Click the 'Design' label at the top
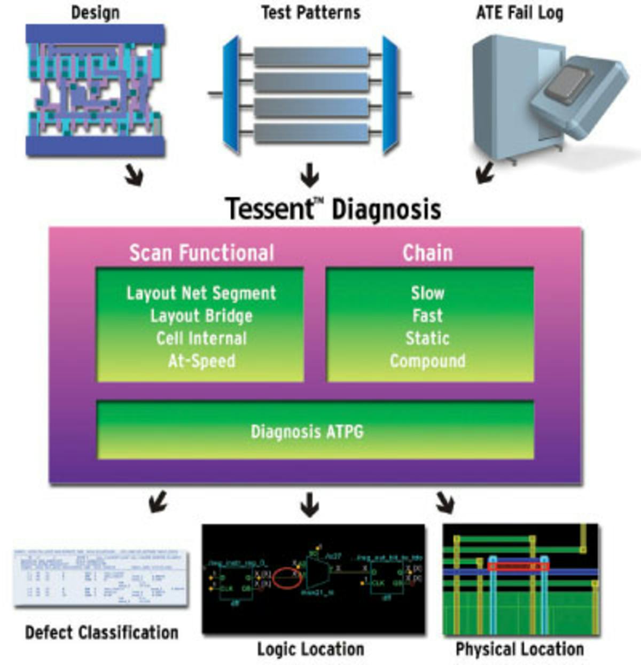pos(95,13)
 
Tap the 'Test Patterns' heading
pos(310,13)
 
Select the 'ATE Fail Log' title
pos(519,13)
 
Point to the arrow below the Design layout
pos(134,175)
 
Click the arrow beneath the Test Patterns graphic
pos(309,175)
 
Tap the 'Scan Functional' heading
pos(201,253)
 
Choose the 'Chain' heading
pos(427,253)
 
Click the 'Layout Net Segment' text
pos(201,293)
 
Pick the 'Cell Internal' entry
pos(201,339)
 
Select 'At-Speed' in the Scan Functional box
pos(201,361)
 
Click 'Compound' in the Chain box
pos(427,361)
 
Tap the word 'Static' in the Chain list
pos(427,339)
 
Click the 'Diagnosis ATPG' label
pos(307,432)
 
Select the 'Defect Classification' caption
pos(101,633)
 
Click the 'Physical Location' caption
pos(519,650)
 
